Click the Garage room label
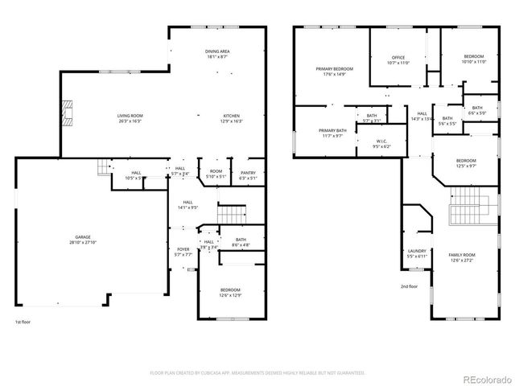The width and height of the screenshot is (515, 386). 84,238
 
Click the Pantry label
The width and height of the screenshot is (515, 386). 249,174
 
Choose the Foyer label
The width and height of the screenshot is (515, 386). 183,252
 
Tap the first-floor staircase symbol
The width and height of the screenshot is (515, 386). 232,214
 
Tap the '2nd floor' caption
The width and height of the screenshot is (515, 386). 409,285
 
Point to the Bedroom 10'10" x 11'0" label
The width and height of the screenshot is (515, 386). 474,59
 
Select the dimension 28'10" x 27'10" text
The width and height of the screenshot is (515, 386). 84,241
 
